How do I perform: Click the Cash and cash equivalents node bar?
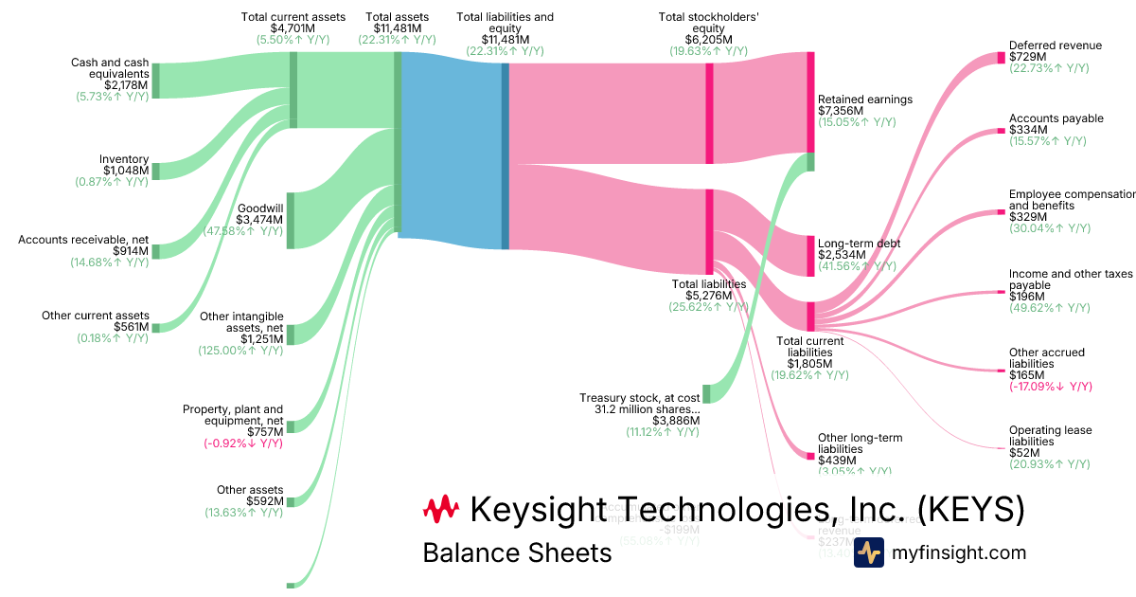tap(156, 81)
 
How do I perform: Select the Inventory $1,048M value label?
tap(124, 171)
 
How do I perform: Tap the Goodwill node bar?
tap(291, 220)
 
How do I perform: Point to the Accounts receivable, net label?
tap(83, 240)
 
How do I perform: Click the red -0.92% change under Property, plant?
tap(242, 443)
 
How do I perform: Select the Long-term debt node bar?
tap(810, 256)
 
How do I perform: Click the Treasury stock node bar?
tap(706, 394)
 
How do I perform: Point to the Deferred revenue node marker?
tap(1001, 58)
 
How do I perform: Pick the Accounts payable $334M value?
tap(1028, 130)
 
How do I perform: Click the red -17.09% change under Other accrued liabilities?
tap(1051, 387)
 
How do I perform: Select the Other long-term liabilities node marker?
tap(810, 456)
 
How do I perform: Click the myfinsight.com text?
tap(958, 552)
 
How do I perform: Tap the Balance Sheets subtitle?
tap(517, 552)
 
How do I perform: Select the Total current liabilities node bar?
tap(810, 317)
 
